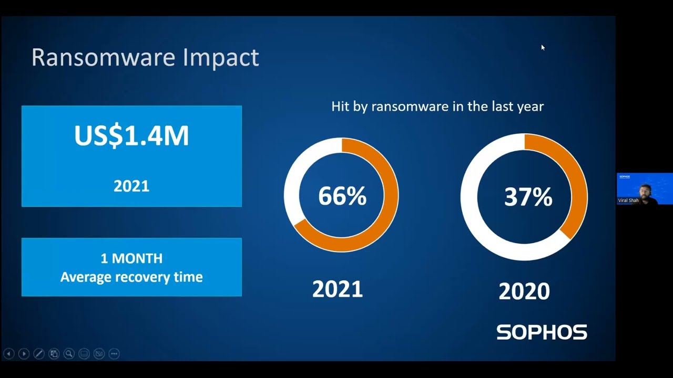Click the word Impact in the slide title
pos(221,57)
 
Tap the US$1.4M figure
pos(131,135)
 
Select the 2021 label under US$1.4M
pos(131,186)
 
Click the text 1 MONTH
pos(131,258)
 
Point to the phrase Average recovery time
pos(131,277)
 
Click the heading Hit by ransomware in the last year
pos(437,107)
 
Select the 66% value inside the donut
pos(342,196)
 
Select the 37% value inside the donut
pos(528,197)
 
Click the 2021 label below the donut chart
pos(338,289)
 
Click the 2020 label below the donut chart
pos(524,291)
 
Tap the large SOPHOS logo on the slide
pos(542,332)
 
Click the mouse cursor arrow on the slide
pos(543,47)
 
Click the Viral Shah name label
pos(628,201)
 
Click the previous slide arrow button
pos(8,354)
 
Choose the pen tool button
pos(38,354)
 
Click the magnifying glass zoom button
pos(69,354)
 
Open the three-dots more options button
pos(114,354)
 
